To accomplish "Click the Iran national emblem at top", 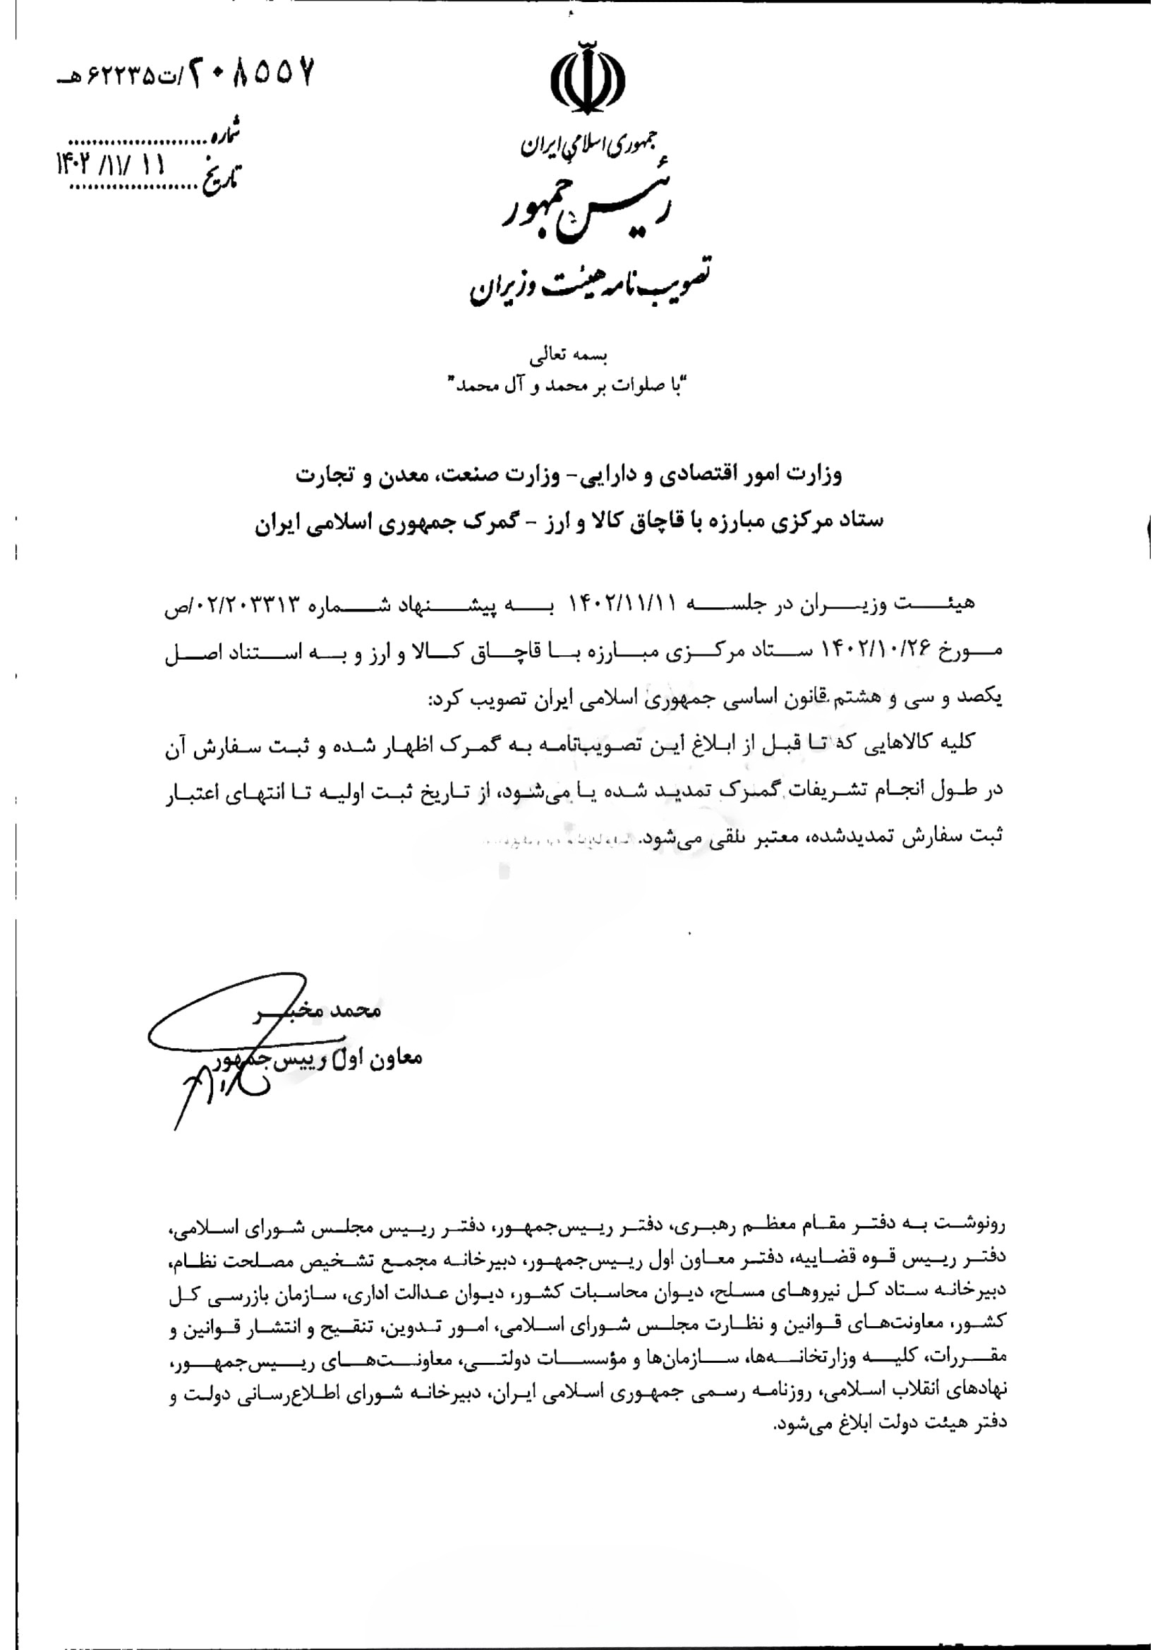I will [586, 77].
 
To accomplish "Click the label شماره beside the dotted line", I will [223, 135].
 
